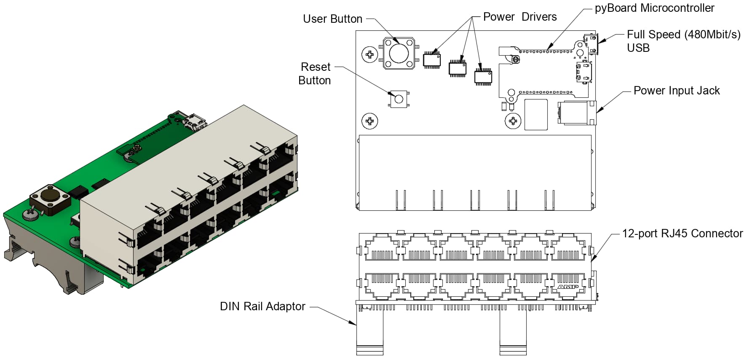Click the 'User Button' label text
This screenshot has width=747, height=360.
pos(332,19)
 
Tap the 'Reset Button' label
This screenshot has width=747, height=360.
pos(315,74)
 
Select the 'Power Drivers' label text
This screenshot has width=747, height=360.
pos(520,17)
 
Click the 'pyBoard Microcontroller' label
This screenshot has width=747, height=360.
pos(654,8)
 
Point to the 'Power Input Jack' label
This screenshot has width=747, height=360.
pos(677,91)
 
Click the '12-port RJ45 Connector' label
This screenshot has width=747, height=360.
pos(683,234)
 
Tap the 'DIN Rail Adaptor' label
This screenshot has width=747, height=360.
pos(262,306)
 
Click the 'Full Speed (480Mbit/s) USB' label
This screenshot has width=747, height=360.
pos(683,41)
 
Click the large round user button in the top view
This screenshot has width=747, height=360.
pos(398,53)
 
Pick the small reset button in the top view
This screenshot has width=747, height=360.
pos(399,99)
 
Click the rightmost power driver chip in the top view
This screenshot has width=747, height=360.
pos(483,76)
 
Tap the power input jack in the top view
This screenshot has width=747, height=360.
pos(577,113)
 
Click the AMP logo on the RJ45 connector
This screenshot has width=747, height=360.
pos(568,287)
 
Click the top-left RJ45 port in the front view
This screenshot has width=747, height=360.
pos(382,247)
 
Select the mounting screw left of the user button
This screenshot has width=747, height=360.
pos(370,54)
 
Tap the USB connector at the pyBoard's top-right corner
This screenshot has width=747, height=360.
pos(591,44)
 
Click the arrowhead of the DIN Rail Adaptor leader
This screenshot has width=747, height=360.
pos(353,322)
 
